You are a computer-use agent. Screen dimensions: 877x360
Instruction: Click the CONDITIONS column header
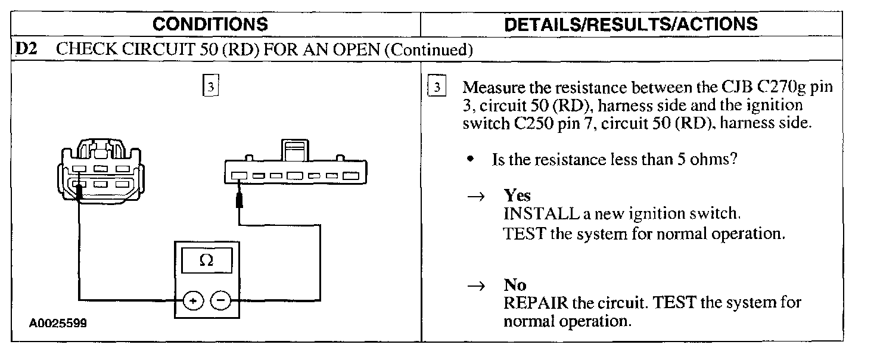[x=210, y=24]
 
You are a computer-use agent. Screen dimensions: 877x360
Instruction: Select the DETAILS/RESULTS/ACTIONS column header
[x=631, y=24]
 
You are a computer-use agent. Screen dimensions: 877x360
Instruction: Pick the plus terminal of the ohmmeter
[x=192, y=302]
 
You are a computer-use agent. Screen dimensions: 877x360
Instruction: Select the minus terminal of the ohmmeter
[x=221, y=302]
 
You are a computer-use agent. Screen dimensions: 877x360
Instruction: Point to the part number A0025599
[x=58, y=324]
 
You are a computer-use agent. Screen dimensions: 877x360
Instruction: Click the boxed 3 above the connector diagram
[x=209, y=87]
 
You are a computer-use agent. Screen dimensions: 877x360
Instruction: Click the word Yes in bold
[x=517, y=195]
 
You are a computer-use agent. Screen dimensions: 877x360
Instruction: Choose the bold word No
[x=515, y=285]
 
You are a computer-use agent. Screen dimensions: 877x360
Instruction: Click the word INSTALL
[x=533, y=213]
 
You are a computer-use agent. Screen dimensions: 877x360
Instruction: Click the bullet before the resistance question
[x=471, y=160]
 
